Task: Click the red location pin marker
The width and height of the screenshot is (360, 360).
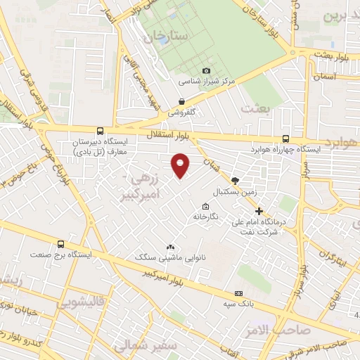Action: [181, 165]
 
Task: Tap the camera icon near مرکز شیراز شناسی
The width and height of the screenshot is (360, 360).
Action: [206, 70]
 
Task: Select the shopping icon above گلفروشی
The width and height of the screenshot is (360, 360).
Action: [182, 101]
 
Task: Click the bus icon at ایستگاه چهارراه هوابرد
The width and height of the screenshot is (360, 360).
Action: [285, 139]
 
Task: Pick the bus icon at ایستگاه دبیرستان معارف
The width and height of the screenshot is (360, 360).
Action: [100, 131]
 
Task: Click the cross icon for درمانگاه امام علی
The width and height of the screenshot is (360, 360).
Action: [259, 211]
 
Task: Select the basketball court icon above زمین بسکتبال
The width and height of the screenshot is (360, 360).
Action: [235, 181]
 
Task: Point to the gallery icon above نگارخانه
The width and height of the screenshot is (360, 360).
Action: [205, 207]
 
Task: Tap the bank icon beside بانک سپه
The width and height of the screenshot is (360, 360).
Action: [238, 293]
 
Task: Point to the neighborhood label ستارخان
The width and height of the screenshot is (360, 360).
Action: [167, 34]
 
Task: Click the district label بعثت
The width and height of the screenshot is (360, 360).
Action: [255, 108]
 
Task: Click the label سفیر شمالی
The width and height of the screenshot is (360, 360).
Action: [129, 346]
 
